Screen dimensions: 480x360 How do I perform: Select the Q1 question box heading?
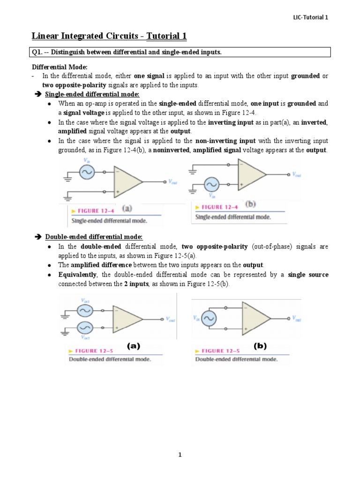(126, 52)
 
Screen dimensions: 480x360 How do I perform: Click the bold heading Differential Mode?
(60, 67)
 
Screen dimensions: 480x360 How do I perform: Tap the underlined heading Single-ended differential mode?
(92, 94)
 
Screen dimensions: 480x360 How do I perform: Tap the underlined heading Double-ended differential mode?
(93, 237)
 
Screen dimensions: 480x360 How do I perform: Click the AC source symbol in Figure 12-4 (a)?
(87, 173)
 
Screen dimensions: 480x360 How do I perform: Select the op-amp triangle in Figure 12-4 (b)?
(251, 174)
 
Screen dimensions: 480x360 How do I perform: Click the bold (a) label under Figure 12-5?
(134, 346)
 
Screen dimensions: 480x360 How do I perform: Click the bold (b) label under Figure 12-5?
(260, 346)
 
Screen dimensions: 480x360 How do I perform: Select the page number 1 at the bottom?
(180, 455)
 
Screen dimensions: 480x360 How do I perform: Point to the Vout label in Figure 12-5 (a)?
(171, 319)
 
